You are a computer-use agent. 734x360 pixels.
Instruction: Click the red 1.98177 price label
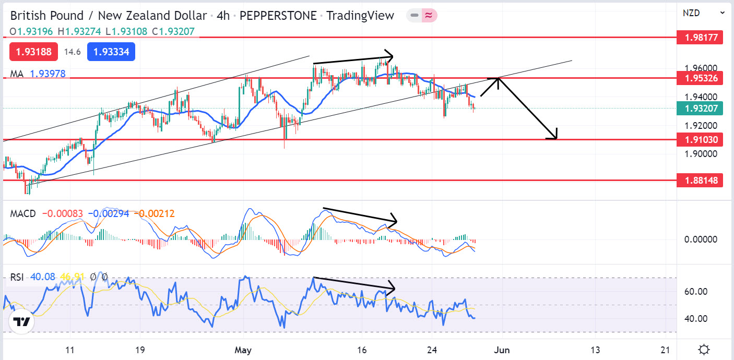[700, 38]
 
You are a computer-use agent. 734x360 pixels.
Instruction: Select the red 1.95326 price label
[700, 78]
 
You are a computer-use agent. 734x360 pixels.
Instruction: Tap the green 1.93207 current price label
[700, 109]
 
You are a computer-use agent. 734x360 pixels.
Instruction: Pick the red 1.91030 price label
[700, 140]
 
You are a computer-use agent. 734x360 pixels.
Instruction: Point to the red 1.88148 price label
[700, 181]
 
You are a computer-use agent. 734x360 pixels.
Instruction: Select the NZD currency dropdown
[702, 13]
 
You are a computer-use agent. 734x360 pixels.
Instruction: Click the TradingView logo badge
[21, 321]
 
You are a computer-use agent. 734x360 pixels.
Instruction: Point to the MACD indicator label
[23, 213]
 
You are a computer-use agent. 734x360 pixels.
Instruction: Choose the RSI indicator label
[17, 277]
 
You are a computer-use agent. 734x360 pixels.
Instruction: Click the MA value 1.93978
[48, 74]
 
